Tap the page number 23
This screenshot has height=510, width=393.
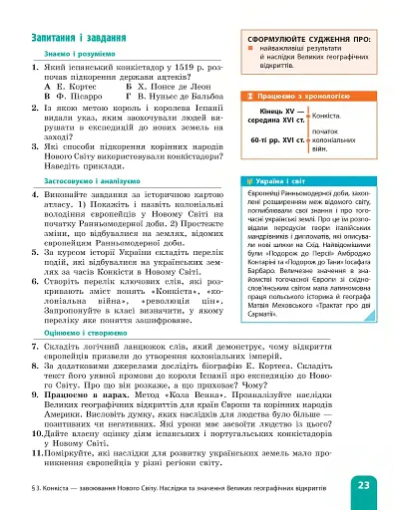coord(363,485)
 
